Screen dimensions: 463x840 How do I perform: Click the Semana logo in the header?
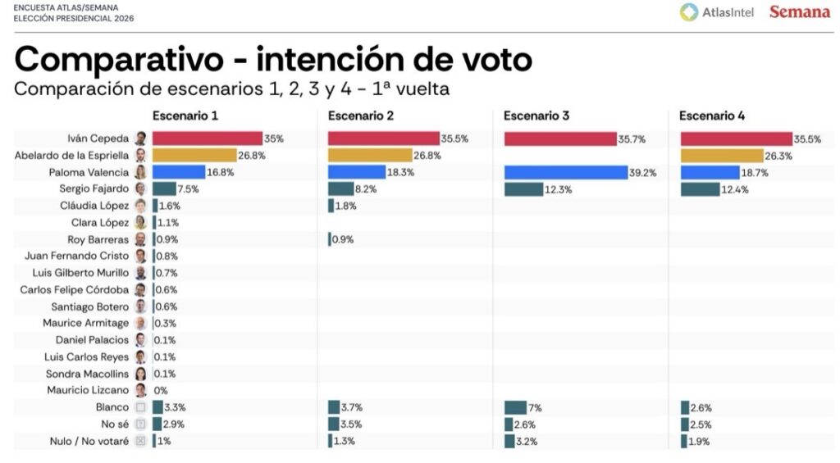click(799, 12)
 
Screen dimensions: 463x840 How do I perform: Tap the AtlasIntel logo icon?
click(689, 12)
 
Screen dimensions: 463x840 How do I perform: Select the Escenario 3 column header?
click(536, 116)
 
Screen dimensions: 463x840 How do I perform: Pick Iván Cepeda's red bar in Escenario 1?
click(207, 138)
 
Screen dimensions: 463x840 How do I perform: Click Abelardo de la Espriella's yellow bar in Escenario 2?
click(369, 156)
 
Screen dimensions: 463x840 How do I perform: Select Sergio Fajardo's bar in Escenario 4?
click(700, 189)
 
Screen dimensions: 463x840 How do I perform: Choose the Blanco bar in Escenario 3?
click(515, 407)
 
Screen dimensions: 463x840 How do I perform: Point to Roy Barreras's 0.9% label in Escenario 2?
click(344, 239)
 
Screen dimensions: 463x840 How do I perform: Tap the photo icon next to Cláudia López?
click(140, 206)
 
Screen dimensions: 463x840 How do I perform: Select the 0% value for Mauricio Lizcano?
click(161, 391)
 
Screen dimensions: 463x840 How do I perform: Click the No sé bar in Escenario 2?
click(333, 424)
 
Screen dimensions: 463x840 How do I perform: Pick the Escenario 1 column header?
click(185, 116)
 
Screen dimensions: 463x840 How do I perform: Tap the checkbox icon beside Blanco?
click(140, 407)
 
